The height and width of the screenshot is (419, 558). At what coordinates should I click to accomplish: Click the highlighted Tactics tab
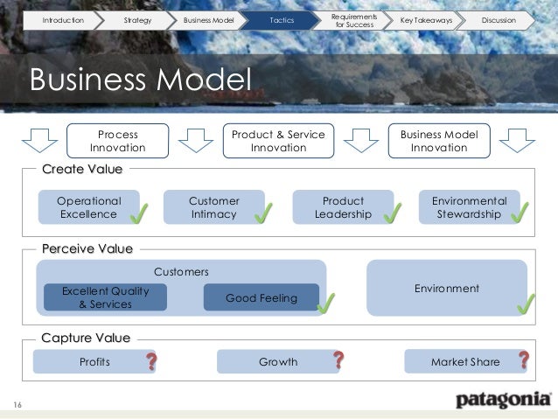282,19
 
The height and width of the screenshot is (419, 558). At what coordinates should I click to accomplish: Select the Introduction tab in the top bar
64,19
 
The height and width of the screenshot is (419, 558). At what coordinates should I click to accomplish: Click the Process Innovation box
118,142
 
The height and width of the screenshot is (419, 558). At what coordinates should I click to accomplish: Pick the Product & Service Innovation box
278,141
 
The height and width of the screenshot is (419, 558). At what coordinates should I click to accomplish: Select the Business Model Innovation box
439,141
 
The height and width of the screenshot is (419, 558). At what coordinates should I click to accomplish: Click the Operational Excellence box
88,207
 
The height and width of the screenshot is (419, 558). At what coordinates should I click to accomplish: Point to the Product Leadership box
343,207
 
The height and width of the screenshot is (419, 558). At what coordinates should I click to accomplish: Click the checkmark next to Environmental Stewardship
520,211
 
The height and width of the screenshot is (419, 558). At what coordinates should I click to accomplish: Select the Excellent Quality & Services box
105,297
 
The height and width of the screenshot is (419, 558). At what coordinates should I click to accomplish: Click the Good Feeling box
261,298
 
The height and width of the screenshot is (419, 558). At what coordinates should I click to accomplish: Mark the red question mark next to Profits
151,360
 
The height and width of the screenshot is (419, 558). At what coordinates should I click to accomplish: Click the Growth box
277,361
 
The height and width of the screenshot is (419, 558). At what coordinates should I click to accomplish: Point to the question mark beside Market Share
524,360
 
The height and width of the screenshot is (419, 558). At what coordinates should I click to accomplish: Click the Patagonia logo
503,401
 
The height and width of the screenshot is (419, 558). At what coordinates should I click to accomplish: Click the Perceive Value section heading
87,249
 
